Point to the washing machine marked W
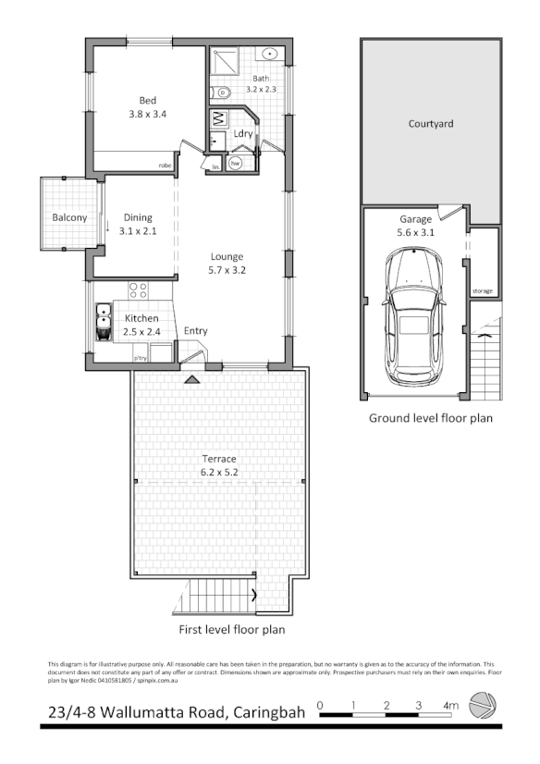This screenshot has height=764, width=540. click(x=219, y=119)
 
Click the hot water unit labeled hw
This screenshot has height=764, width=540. click(x=236, y=164)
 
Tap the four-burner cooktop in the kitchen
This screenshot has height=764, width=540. click(x=138, y=291)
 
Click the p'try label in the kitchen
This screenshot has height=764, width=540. click(x=141, y=357)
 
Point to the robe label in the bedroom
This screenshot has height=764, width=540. click(x=166, y=166)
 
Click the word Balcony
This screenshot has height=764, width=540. click(x=69, y=218)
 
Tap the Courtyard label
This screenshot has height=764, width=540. click(x=430, y=123)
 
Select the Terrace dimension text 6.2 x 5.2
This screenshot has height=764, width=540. click(x=220, y=472)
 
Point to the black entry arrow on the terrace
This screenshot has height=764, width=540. click(x=191, y=379)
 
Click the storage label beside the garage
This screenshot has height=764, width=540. click(x=483, y=291)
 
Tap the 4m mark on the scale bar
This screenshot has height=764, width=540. click(x=450, y=706)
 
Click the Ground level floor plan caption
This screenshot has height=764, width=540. click(x=431, y=418)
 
